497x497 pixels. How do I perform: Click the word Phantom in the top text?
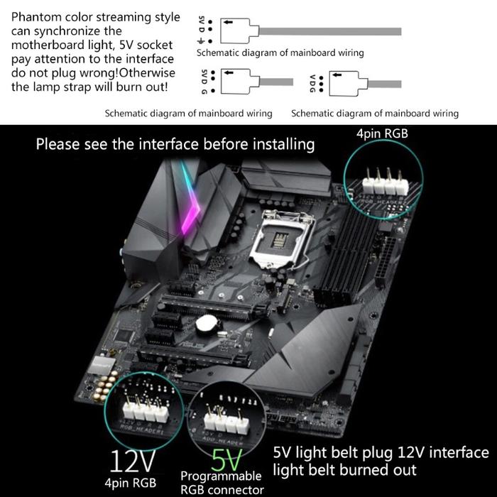point(37,17)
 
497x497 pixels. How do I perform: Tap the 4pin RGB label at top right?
point(382,133)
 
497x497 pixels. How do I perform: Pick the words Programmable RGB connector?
point(222,482)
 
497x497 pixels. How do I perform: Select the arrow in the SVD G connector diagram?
point(229,72)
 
